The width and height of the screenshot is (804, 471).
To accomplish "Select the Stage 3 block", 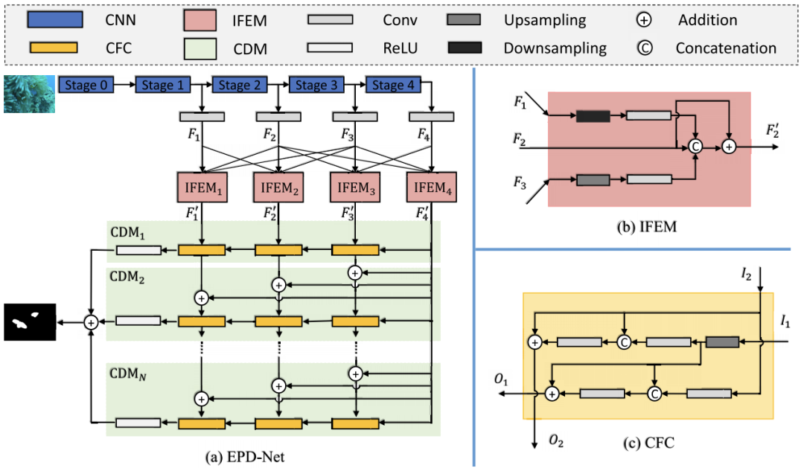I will click(x=312, y=86).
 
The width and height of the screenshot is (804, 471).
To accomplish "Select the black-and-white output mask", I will click(x=30, y=322).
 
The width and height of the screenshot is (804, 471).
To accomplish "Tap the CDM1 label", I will click(x=130, y=234).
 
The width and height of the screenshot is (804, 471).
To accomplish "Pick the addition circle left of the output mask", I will click(x=91, y=322).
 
